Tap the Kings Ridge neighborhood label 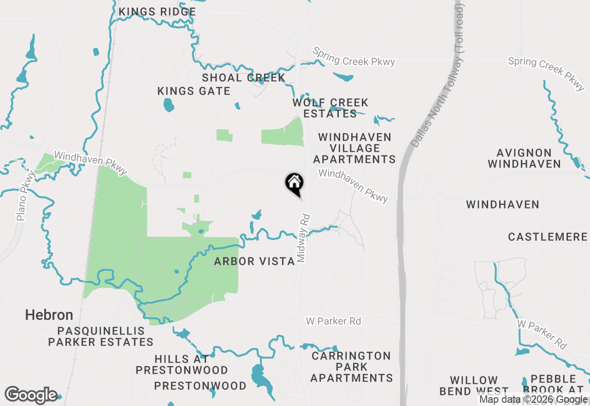click(157, 12)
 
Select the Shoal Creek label click(243, 78)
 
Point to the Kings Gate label click(194, 91)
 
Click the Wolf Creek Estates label click(330, 108)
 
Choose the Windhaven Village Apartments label click(354, 148)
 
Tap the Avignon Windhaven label click(524, 158)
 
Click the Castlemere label click(548, 237)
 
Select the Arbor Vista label click(254, 262)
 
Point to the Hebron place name click(49, 315)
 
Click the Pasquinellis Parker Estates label click(101, 337)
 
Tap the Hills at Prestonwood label click(182, 364)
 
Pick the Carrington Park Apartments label click(351, 367)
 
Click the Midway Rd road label click(302, 238)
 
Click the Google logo click(31, 395)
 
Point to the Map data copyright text click(534, 400)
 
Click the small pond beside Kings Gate click(169, 105)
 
